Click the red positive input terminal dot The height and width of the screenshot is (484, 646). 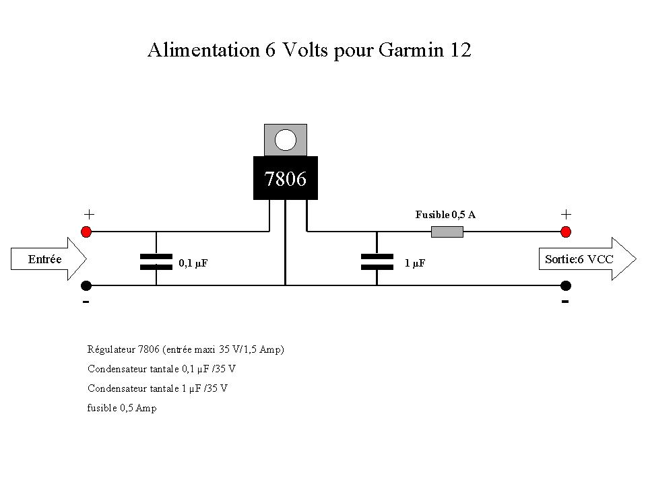click(x=86, y=232)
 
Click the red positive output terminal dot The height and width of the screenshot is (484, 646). click(x=566, y=232)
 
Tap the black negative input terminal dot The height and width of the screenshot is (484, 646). click(x=86, y=285)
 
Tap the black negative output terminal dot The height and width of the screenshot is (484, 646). click(x=566, y=285)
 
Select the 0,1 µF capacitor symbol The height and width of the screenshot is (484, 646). click(x=156, y=262)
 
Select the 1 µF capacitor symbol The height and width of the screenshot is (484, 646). click(x=377, y=262)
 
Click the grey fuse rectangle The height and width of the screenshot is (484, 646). click(x=447, y=232)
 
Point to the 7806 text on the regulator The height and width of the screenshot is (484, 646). click(x=285, y=178)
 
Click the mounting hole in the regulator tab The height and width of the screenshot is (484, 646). click(x=285, y=140)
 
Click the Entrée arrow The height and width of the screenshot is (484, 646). click(x=49, y=259)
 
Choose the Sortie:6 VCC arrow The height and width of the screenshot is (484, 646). click(x=587, y=259)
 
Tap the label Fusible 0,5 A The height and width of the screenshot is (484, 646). click(x=445, y=215)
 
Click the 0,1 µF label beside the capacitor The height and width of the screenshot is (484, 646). click(x=193, y=263)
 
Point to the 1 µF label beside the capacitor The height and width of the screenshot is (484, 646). click(x=414, y=263)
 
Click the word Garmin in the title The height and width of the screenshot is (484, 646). click(x=411, y=50)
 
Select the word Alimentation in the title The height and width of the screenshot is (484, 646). click(x=204, y=50)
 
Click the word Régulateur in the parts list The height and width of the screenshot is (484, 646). click(x=111, y=349)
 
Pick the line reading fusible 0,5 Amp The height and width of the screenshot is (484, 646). click(x=122, y=408)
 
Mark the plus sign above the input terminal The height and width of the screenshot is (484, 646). click(x=89, y=214)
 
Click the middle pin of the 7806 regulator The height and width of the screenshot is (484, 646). click(x=285, y=242)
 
